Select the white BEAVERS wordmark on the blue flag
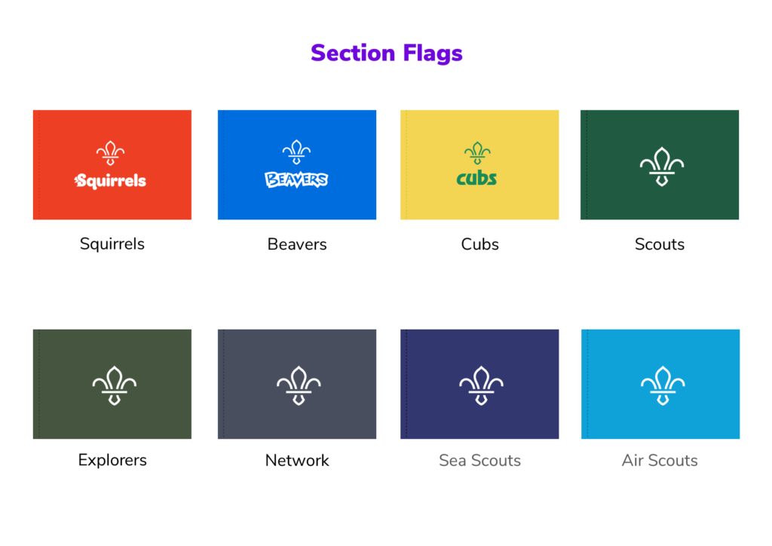click(x=296, y=179)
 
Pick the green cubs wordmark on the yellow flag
click(x=476, y=179)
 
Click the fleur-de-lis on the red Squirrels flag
click(x=111, y=153)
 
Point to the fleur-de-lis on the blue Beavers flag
click(x=296, y=152)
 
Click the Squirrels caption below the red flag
click(x=112, y=244)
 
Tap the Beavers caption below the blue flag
click(x=297, y=244)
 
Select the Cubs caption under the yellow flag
click(x=480, y=244)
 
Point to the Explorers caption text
click(x=112, y=460)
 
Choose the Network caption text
click(x=297, y=460)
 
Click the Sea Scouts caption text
click(x=480, y=460)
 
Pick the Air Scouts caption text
click(x=660, y=460)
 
